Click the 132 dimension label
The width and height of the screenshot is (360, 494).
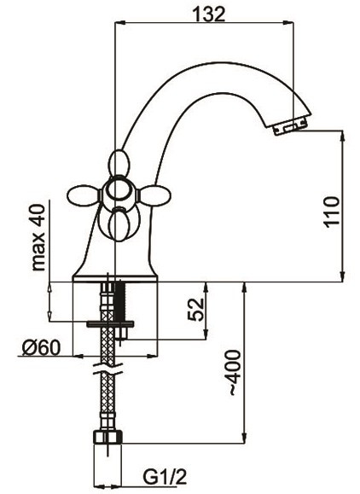pyautogui.click(x=210, y=15)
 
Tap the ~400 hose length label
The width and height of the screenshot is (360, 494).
pyautogui.click(x=235, y=372)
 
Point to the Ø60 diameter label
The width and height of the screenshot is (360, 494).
pyautogui.click(x=40, y=348)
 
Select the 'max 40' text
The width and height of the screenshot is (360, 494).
pyautogui.click(x=38, y=237)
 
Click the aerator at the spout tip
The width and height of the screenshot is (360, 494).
pyautogui.click(x=289, y=125)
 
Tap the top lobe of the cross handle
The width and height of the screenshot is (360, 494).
pyautogui.click(x=119, y=163)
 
